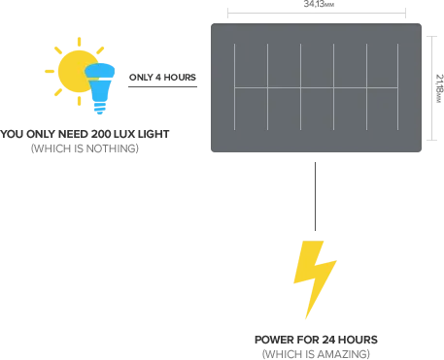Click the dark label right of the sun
click(161, 78)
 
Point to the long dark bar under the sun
click(85, 132)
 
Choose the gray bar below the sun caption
click(85, 147)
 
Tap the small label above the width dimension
click(312, 5)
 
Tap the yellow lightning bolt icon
click(314, 267)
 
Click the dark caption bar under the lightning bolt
click(315, 341)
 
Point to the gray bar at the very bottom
click(315, 355)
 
